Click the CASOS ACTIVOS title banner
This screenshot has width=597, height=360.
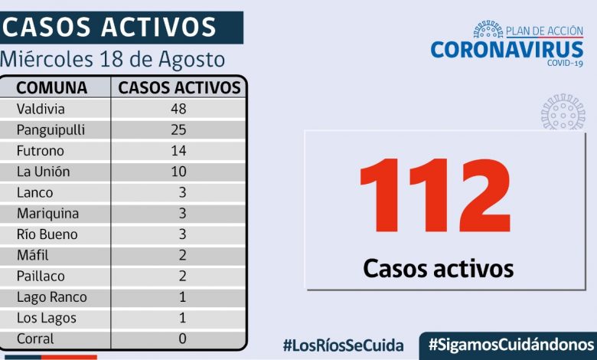pyautogui.click(x=111, y=28)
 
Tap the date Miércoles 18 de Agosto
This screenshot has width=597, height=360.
pyautogui.click(x=113, y=59)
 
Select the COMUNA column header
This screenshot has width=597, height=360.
pyautogui.click(x=52, y=87)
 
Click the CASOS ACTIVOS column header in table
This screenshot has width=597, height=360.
pyautogui.click(x=179, y=87)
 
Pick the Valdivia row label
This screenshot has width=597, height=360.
pyautogui.click(x=41, y=109)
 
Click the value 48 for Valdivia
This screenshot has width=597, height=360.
pyautogui.click(x=179, y=109)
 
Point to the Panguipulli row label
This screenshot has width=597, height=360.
pyautogui.click(x=51, y=129)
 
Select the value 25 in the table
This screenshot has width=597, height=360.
pyautogui.click(x=179, y=129)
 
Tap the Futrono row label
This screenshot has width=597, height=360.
pyautogui.click(x=41, y=150)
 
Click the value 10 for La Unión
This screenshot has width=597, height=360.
pyautogui.click(x=179, y=172)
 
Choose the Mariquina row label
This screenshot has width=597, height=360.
pyautogui.click(x=47, y=214)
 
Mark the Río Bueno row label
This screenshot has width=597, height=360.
pyautogui.click(x=47, y=234)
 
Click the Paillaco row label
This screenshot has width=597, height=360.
pyautogui.click(x=42, y=276)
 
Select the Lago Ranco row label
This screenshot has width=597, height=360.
pyautogui.click(x=51, y=297)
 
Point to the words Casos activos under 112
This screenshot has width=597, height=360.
pyautogui.click(x=438, y=268)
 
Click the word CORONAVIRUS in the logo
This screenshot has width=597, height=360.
pyautogui.click(x=507, y=49)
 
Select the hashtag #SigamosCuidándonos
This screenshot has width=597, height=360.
pyautogui.click(x=511, y=345)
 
